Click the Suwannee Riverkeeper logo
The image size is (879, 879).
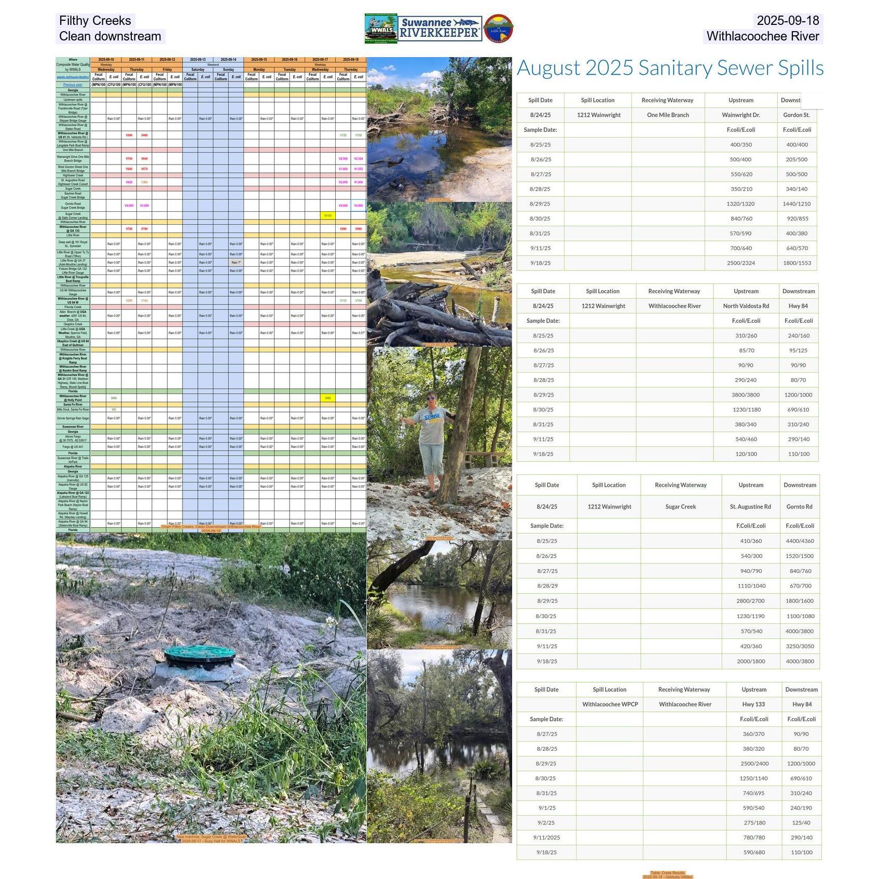pos(440,29)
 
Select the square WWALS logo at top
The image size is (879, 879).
pos(381,29)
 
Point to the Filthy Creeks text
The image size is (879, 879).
pos(95,21)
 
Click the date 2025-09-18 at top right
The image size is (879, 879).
pos(787,21)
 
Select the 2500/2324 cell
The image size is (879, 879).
pos(740,263)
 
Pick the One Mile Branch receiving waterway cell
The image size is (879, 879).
pos(668,115)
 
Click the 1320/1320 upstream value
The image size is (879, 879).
pos(740,204)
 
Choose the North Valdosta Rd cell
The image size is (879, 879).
pos(746,306)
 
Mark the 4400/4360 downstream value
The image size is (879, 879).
pos(800,541)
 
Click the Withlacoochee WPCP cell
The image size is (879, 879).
pos(610,704)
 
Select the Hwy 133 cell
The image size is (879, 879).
pos(753,704)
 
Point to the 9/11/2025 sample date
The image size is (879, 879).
pos(546,837)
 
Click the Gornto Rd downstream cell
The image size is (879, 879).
pos(799,506)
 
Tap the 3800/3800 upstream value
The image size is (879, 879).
pos(746,395)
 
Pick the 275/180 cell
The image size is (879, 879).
pos(754,822)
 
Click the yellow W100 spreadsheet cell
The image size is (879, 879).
pos(328,215)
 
